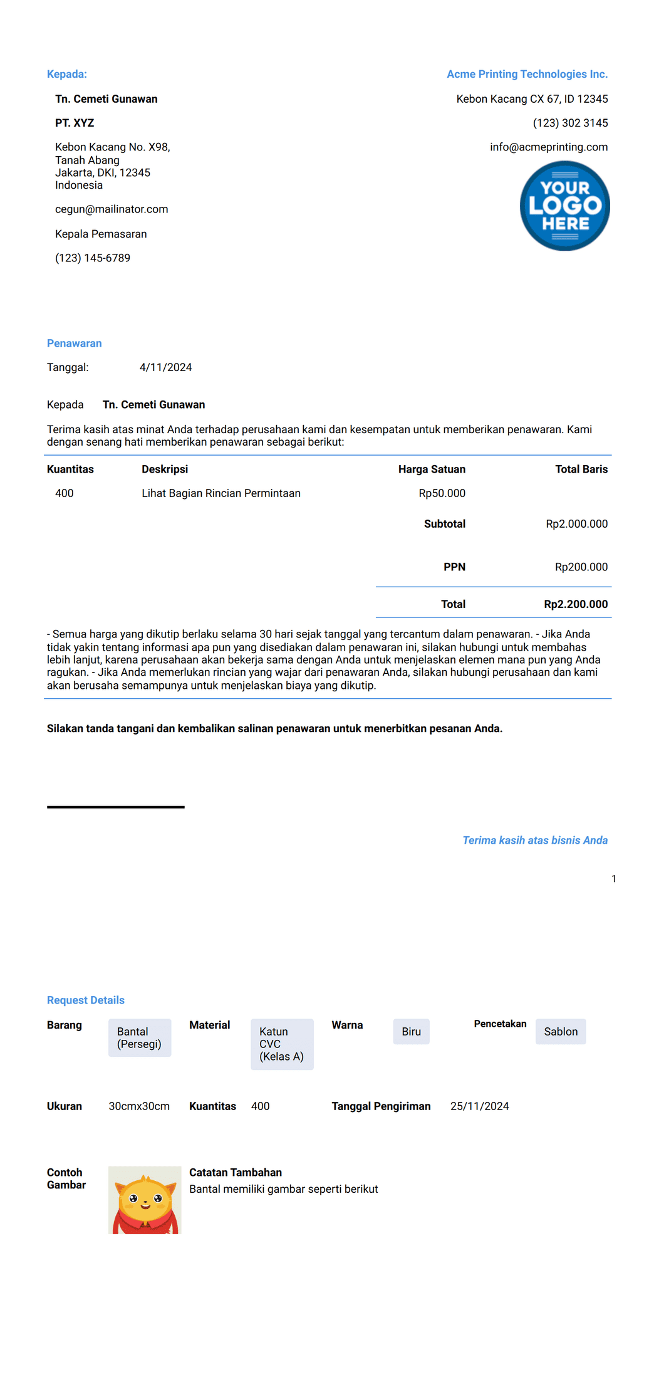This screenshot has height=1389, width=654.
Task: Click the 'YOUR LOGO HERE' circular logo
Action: (564, 206)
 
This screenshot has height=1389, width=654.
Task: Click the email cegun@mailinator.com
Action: (112, 209)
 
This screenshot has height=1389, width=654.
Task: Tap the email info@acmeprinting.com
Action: (549, 147)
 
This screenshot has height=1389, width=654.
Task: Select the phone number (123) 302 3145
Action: (570, 123)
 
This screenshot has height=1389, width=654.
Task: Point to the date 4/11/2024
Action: (165, 367)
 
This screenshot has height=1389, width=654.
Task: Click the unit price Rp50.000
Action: (442, 493)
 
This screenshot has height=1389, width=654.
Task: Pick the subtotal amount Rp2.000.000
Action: (576, 524)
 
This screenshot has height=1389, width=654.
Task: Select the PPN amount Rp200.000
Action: (581, 567)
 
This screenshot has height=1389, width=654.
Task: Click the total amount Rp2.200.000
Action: (576, 604)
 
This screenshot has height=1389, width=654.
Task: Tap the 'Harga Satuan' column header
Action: (432, 469)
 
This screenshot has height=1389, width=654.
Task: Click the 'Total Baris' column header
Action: (581, 469)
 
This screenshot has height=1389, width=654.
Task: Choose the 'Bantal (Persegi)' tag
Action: (139, 1037)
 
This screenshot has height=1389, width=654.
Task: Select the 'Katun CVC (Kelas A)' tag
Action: (281, 1044)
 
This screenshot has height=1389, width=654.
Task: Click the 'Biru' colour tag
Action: (411, 1031)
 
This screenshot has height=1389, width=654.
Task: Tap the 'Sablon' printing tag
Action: (561, 1031)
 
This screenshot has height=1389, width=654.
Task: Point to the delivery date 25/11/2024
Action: (479, 1106)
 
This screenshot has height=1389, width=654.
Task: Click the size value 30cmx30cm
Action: (139, 1106)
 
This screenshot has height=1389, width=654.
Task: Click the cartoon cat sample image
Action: (145, 1200)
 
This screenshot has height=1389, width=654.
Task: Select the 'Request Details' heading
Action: (86, 1000)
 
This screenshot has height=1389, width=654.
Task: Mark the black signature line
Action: (115, 807)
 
